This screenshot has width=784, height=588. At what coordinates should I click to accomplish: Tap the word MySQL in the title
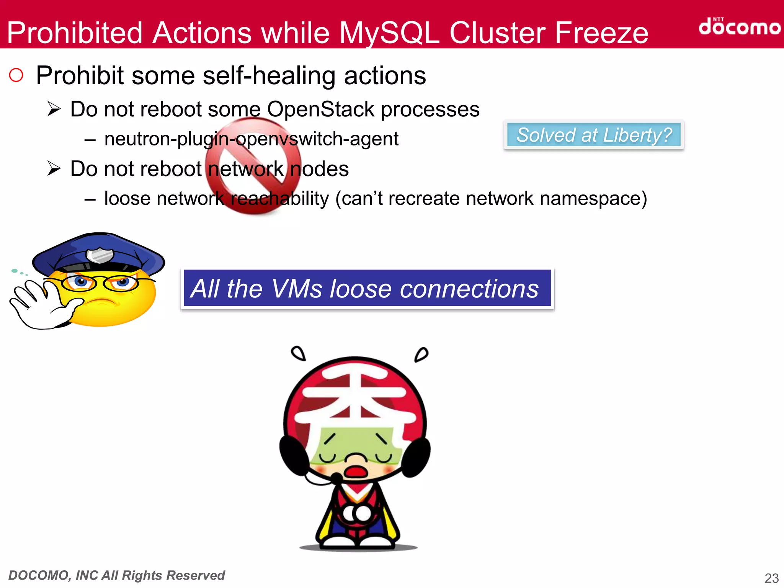pos(389,33)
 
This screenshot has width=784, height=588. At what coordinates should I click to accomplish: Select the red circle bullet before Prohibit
pos(16,75)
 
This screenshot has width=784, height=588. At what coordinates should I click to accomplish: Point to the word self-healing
pos(269,75)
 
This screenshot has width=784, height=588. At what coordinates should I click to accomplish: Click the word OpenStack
pos(320,109)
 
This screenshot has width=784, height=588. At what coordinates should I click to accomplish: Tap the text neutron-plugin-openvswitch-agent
pos(251,139)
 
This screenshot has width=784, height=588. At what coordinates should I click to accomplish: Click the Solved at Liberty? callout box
pos(594,135)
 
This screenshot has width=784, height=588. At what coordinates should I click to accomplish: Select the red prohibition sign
pos(253,165)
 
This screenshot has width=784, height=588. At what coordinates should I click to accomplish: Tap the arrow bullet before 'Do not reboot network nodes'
pos(54,169)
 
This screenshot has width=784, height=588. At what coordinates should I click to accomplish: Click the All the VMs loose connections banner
pos(367,289)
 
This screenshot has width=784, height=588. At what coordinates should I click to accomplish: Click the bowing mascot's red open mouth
pos(356,471)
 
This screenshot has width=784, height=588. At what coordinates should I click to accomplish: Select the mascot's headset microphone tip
pos(337,477)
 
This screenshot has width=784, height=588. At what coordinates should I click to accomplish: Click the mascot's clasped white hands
pos(357,513)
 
